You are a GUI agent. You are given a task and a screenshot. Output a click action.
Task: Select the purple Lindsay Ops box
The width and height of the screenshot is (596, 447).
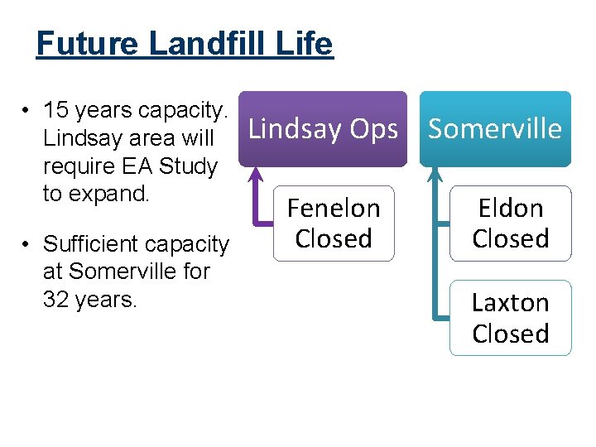[x=323, y=128]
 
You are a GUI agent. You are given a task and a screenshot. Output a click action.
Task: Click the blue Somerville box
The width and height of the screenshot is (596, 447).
[x=495, y=128]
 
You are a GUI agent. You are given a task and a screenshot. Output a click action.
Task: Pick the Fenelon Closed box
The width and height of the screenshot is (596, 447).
[x=334, y=223]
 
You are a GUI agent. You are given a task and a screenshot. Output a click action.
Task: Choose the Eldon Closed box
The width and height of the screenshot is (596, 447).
[x=511, y=223]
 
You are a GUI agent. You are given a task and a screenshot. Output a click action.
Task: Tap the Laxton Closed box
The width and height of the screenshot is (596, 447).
[x=511, y=318]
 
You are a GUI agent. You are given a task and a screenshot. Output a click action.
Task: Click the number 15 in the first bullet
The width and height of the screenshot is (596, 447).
[x=56, y=110]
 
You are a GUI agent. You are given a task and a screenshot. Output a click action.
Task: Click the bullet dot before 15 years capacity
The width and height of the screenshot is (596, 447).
[x=27, y=111]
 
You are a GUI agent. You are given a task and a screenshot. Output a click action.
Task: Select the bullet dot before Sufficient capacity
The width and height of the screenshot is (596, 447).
[x=27, y=245]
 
